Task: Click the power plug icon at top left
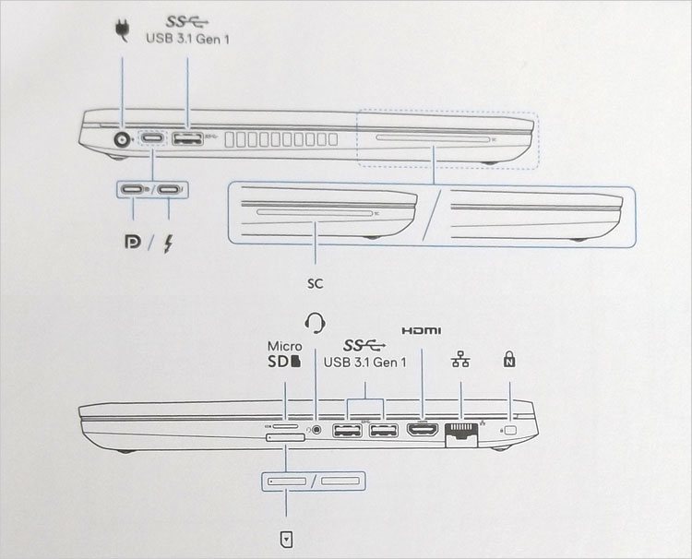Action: tap(121, 31)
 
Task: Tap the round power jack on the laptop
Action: tap(121, 141)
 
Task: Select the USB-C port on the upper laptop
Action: tap(153, 141)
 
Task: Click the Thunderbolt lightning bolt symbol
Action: tap(169, 244)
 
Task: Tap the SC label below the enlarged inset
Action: tap(316, 276)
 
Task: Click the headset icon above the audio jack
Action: tap(316, 322)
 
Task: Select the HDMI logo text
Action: tap(423, 331)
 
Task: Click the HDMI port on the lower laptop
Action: tap(423, 430)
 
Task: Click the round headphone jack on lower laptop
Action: tap(317, 428)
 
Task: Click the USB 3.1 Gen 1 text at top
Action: tap(187, 38)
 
